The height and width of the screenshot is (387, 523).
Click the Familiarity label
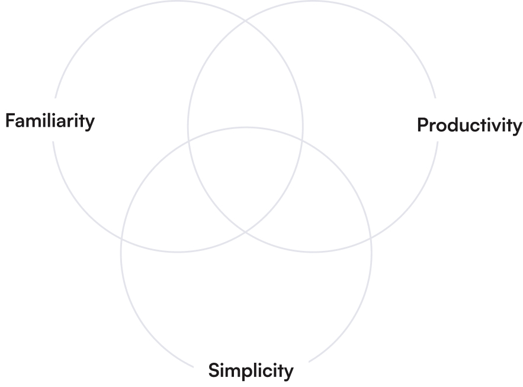tap(50, 121)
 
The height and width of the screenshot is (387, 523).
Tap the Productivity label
tap(470, 125)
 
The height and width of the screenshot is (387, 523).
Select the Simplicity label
tap(251, 371)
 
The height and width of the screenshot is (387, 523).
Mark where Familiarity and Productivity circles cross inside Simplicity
tap(246, 232)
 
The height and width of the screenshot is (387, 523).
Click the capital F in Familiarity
tap(10, 121)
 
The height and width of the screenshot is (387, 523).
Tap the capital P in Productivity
tap(422, 125)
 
